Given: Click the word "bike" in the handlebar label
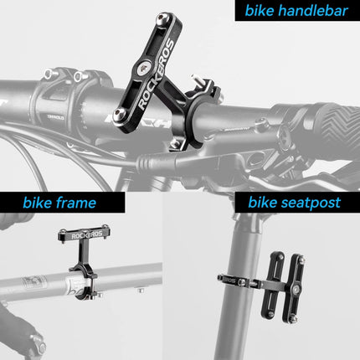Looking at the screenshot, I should pos(257,13).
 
